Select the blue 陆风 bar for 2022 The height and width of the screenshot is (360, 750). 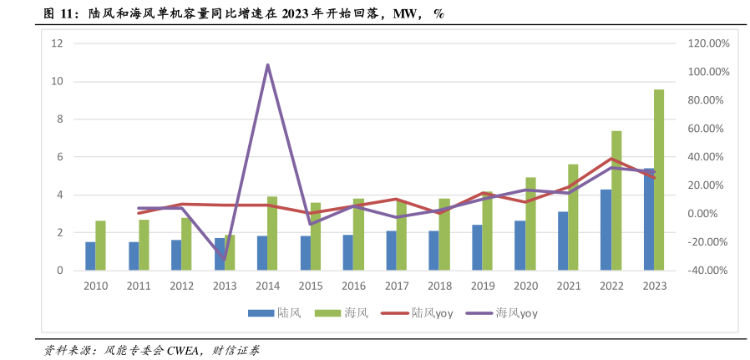[606, 230]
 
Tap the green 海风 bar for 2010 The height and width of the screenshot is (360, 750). [100, 246]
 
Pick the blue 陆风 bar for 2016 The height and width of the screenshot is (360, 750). [347, 252]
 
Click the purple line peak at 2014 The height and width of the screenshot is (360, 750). [267, 64]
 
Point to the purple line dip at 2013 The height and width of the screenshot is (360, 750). [225, 260]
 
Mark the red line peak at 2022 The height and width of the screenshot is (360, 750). [611, 159]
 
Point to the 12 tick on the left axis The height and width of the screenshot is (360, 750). [57, 43]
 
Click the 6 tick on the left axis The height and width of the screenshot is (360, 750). [59, 157]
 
